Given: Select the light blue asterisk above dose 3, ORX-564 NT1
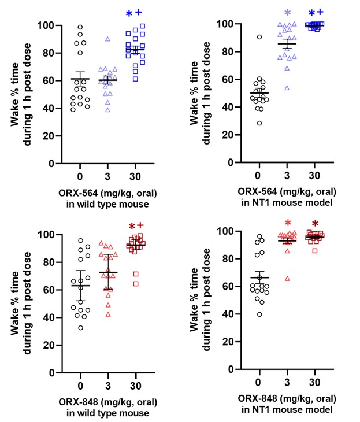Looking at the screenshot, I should (287, 13).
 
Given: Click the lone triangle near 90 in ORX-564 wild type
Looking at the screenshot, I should (107, 39).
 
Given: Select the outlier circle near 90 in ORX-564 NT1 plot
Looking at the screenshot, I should (259, 37).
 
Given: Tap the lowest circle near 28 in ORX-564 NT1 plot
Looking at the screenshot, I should (259, 123).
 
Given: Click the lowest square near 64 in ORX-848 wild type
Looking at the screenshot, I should (136, 284).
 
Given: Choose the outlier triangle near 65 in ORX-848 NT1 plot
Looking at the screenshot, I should (287, 279).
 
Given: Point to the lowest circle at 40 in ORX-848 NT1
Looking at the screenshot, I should (259, 314).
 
